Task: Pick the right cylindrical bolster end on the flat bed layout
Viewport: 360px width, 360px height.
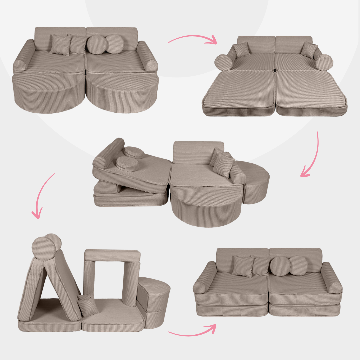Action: pos(324,62)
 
